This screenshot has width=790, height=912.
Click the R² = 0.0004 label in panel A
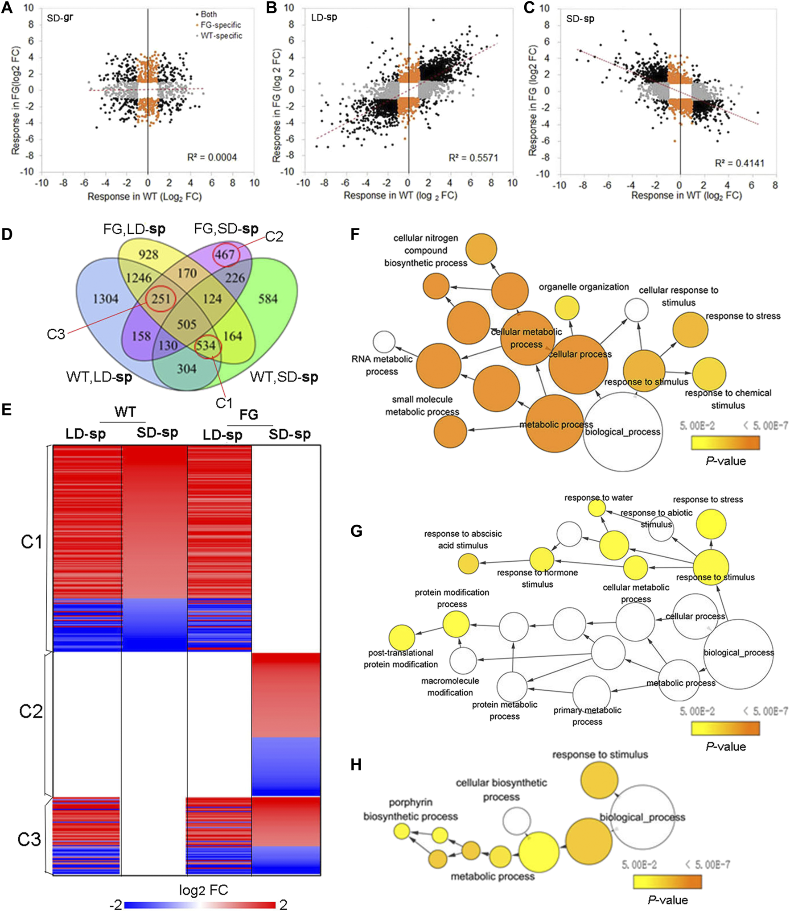[x=212, y=157]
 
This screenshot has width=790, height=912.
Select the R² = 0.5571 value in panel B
[x=473, y=158]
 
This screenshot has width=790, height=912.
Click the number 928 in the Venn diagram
[x=148, y=255]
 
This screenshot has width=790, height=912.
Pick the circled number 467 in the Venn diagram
[x=225, y=254]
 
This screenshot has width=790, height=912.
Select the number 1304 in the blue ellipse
[x=105, y=298]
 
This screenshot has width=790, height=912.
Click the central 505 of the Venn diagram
[x=186, y=324]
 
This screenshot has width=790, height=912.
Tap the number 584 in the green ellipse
[x=268, y=298]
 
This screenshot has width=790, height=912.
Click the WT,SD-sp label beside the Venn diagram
[x=284, y=377]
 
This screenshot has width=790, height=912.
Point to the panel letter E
[x=7, y=410]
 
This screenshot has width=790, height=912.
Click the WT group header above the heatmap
[x=125, y=411]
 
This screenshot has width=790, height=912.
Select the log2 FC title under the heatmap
[x=203, y=890]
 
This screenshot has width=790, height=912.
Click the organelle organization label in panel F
[x=584, y=287]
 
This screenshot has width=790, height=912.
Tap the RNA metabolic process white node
[x=384, y=342]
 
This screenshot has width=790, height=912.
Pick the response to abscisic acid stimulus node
[x=468, y=564]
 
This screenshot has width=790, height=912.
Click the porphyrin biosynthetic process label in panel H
[x=410, y=809]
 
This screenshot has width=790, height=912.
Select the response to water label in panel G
[x=598, y=497]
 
